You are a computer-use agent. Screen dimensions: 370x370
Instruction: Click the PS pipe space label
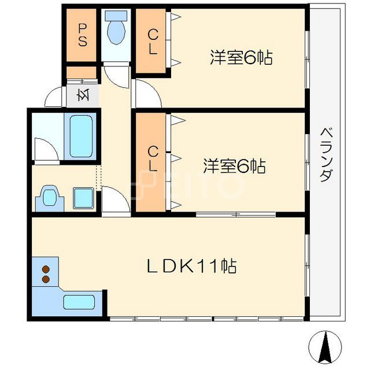[82, 35]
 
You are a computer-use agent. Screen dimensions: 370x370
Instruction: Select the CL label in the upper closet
[153, 43]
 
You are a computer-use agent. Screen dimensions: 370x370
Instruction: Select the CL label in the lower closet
[153, 158]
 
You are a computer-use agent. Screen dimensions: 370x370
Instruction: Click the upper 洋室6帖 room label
[241, 57]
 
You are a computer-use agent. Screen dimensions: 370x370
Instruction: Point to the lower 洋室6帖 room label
[234, 166]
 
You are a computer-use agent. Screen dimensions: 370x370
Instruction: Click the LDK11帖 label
[191, 266]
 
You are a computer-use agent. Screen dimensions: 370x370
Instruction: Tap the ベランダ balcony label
[327, 155]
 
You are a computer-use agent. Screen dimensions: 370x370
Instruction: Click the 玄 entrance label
[83, 95]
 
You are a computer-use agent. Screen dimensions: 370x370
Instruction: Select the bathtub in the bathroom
[81, 136]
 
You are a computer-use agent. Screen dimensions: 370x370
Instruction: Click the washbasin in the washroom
[50, 198]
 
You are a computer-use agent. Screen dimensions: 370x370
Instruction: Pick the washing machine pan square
[83, 198]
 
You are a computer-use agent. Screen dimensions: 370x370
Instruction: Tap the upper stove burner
[46, 269]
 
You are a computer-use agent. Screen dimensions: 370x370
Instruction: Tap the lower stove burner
[46, 279]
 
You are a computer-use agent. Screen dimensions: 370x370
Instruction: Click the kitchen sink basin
[79, 302]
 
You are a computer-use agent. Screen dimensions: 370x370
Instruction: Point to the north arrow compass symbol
[325, 347]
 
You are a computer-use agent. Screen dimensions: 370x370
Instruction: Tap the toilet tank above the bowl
[116, 16]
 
